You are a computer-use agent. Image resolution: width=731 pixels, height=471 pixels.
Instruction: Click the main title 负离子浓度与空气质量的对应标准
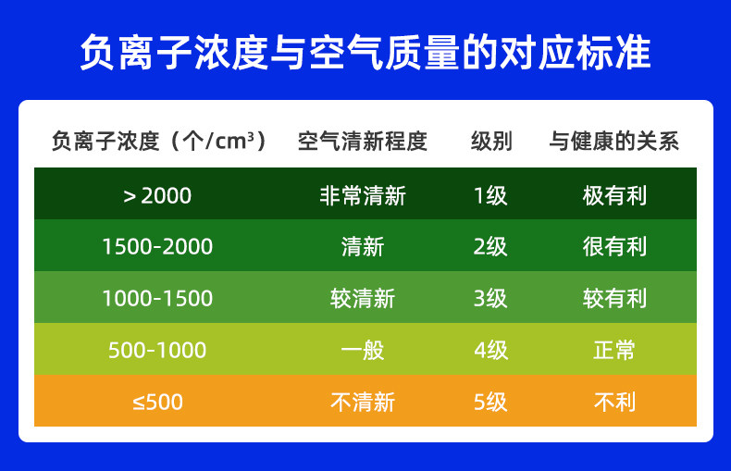pos(365,52)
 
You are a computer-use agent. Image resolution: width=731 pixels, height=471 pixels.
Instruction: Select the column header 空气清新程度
pos(363,141)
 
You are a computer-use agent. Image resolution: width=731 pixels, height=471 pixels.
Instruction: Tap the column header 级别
pos(491,141)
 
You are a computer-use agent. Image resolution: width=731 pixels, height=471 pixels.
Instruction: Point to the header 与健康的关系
pos(614,141)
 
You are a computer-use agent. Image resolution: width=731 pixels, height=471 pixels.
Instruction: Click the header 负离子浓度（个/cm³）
pos(158,141)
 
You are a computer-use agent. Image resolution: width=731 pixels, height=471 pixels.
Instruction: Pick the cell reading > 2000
pos(157,196)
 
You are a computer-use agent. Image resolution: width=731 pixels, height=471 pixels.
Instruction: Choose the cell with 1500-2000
pos(157,247)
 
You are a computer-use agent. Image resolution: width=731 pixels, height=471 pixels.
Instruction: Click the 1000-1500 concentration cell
pos(157,299)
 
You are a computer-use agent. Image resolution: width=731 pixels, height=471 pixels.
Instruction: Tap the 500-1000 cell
pos(157,350)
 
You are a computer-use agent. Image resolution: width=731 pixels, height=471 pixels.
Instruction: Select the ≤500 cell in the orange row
pos(157,402)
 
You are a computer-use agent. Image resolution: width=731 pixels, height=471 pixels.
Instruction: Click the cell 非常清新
pos(363,196)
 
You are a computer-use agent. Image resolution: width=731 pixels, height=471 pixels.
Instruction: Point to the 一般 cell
pos(363,350)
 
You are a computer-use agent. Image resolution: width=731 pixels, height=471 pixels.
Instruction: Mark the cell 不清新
pos(363,402)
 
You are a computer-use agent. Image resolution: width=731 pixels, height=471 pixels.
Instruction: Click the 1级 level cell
pos(490,196)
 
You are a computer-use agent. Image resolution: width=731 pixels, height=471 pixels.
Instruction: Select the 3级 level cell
pos(490,299)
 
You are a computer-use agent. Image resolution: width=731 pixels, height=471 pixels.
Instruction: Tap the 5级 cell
pos(490,402)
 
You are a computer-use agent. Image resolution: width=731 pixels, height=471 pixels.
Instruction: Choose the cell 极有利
pos(614,196)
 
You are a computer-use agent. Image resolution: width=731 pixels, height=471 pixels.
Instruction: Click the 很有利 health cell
pos(614,247)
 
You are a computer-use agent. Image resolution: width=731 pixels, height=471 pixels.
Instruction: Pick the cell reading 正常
pos(614,350)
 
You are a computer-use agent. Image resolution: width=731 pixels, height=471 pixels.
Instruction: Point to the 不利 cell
pos(614,402)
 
